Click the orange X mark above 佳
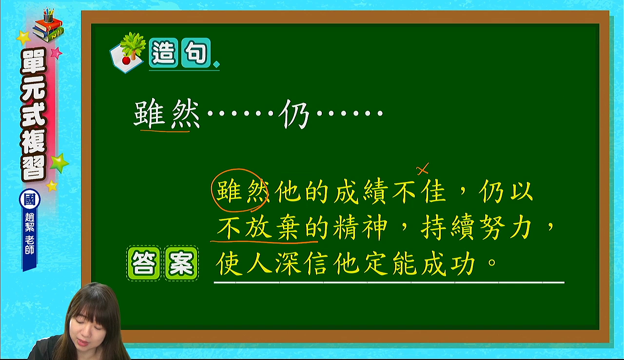[423, 169]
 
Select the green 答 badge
[144, 263]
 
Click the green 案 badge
[181, 263]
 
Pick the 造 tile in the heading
[163, 52]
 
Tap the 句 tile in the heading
[196, 52]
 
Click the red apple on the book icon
[126, 60]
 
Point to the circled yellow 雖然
[242, 191]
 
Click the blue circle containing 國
[30, 200]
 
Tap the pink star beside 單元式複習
[56, 53]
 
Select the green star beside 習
[59, 163]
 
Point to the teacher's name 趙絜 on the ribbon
[30, 222]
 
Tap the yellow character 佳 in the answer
[433, 191]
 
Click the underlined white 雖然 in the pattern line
[167, 114]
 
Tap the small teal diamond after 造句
[216, 65]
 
